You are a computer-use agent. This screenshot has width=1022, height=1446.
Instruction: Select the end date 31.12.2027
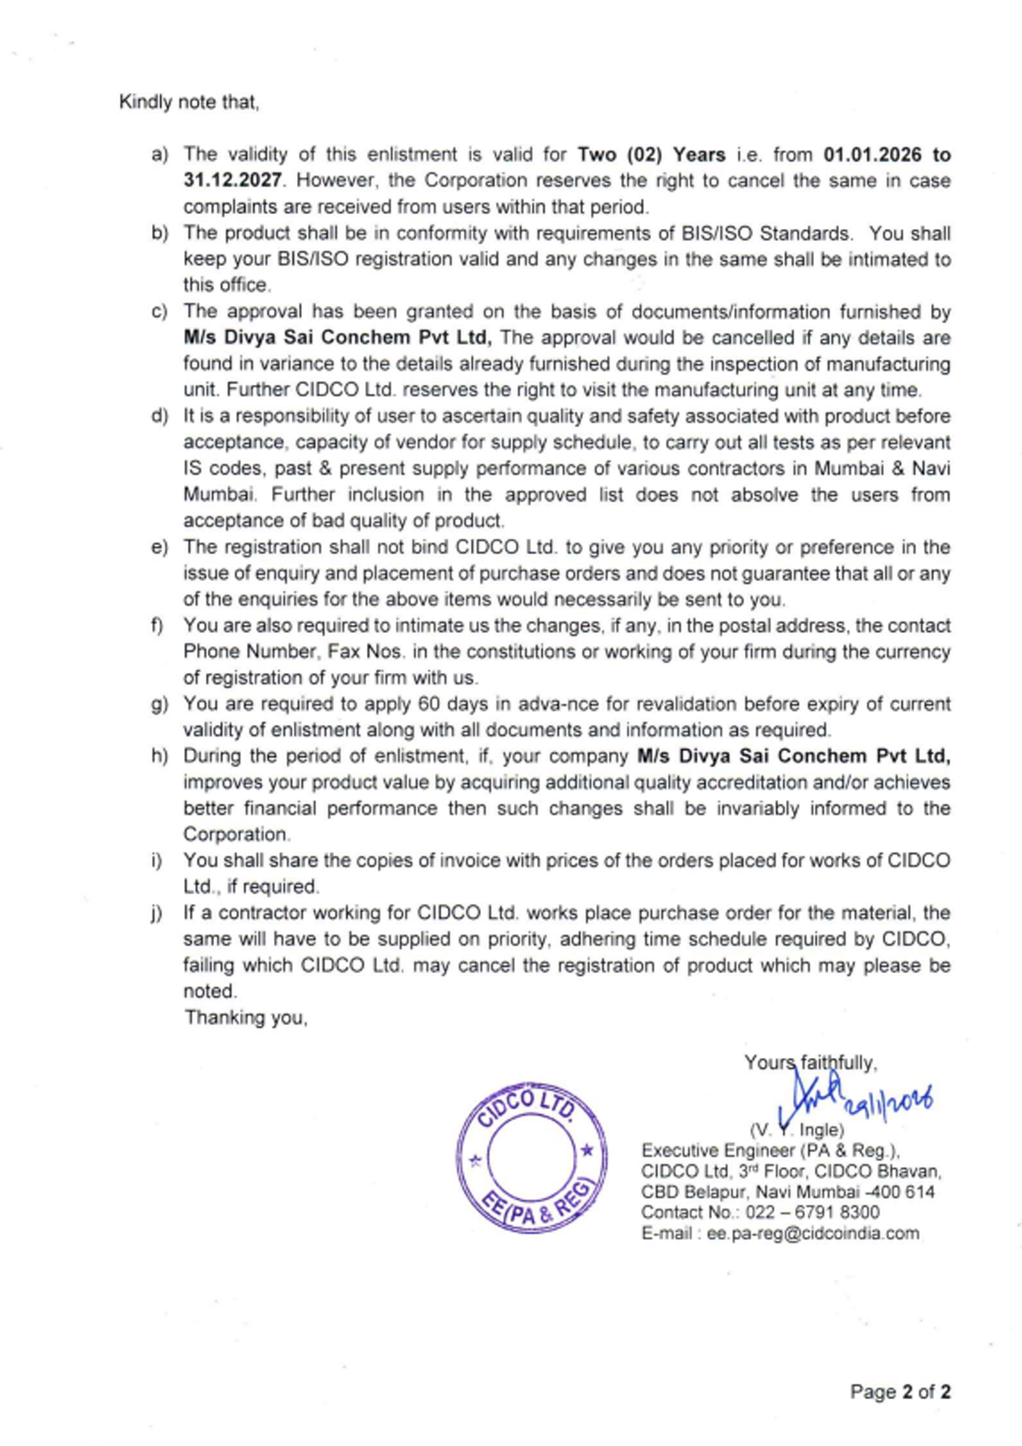[233, 181]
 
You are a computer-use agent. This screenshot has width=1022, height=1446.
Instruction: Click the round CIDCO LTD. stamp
[532, 1157]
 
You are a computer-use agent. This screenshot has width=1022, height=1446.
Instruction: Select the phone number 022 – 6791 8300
[812, 1212]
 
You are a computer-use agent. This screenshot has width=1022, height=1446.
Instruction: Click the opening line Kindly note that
[189, 102]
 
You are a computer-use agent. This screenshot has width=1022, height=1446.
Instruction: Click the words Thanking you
[246, 1017]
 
